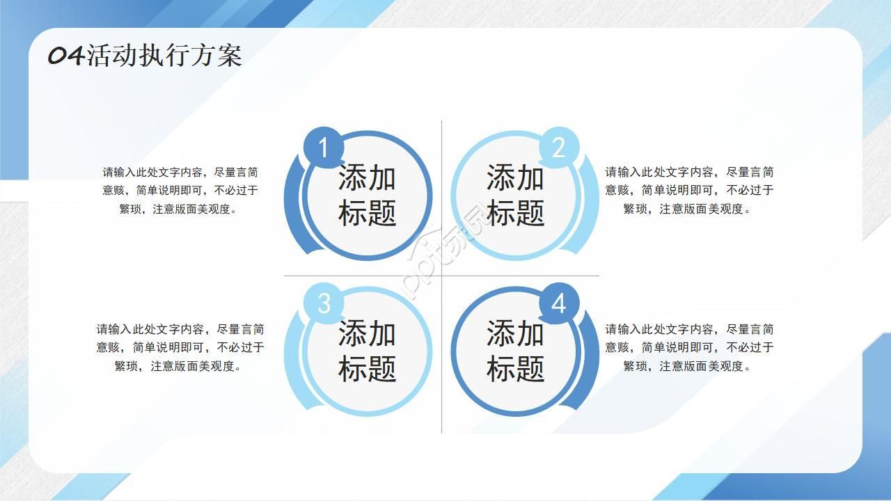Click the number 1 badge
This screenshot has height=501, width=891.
tap(322, 148)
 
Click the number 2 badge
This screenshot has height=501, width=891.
tap(558, 148)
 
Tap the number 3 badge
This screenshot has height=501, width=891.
tap(324, 304)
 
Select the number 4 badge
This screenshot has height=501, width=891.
tap(558, 304)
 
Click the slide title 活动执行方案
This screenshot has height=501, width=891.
tap(164, 56)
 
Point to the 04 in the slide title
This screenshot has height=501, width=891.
tap(66, 56)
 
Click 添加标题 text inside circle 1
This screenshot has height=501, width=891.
tap(367, 196)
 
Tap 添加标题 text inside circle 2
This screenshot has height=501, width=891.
tap(515, 196)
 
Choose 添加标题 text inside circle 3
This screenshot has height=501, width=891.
tap(367, 351)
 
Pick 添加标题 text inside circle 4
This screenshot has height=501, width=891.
tap(515, 351)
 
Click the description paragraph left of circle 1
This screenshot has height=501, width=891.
tap(180, 190)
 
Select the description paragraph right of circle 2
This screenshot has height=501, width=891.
tap(689, 190)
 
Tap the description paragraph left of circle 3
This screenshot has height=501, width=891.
tap(180, 347)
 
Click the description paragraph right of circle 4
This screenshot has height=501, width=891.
tap(689, 347)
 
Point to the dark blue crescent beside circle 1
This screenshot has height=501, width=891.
tap(292, 209)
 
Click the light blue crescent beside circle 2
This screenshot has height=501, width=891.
tap(591, 209)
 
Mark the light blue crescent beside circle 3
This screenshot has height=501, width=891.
tap(292, 365)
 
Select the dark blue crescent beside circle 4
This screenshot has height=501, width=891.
tap(591, 365)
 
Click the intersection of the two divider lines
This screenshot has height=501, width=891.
tap(441, 276)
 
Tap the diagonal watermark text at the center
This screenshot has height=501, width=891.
tap(445, 250)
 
